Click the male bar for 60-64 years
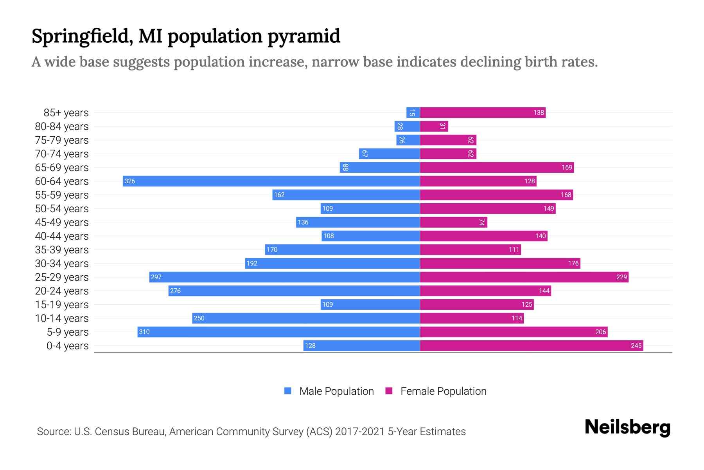point(271,181)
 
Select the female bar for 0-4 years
point(531,345)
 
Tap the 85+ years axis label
point(66,113)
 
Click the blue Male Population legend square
point(288,391)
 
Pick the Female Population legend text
point(443,391)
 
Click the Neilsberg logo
point(627,427)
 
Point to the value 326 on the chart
point(130,181)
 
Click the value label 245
point(636,345)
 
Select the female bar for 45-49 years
point(453,222)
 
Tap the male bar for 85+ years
point(413,113)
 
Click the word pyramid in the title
point(304,36)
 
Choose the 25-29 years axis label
point(62,277)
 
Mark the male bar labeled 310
point(278,332)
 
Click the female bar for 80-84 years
point(434,126)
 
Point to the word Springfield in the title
point(81,36)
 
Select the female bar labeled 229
point(524,277)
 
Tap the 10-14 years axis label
point(62,318)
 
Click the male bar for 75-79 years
point(408,140)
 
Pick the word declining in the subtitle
point(490,62)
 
